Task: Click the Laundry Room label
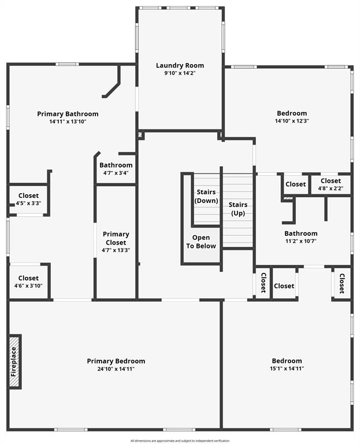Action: [x=180, y=65]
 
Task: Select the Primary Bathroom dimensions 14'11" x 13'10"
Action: [x=68, y=121]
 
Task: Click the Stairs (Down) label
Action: [x=206, y=197]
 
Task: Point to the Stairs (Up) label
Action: [x=238, y=209]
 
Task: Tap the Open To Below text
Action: [x=201, y=242]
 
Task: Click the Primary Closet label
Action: [x=116, y=238]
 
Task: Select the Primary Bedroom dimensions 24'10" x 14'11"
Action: [x=116, y=369]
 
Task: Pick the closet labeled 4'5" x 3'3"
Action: [x=28, y=203]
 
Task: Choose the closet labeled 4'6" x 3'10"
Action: [x=28, y=286]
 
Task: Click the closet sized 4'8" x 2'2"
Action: [x=331, y=188]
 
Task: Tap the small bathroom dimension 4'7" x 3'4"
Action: [x=116, y=172]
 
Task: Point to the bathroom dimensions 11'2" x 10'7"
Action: [x=300, y=241]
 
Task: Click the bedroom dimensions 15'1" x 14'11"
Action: [x=287, y=369]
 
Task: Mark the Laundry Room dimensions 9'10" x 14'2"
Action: [x=180, y=73]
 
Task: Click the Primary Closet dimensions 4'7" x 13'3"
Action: [x=116, y=250]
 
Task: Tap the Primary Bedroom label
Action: [x=116, y=361]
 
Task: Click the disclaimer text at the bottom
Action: [x=180, y=441]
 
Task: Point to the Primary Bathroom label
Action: [x=68, y=114]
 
